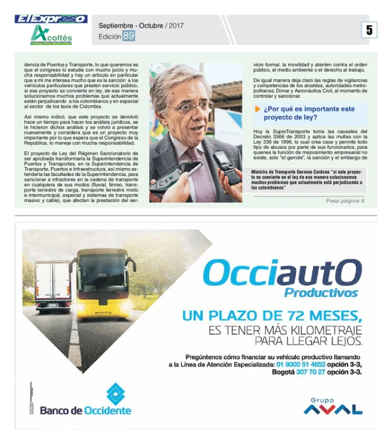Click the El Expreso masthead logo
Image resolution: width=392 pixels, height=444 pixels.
(51, 19)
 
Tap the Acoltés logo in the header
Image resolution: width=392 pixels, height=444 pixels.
(51, 35)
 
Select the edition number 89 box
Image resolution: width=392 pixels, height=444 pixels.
(128, 36)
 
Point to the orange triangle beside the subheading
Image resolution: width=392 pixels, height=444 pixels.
(258, 109)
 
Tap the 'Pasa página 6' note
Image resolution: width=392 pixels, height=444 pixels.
(345, 200)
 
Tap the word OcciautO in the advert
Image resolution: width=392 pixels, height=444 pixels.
(282, 273)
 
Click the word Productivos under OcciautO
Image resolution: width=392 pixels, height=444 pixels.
(321, 292)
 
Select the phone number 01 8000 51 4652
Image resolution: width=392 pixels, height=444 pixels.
(300, 365)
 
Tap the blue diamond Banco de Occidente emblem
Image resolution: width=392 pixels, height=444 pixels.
(115, 393)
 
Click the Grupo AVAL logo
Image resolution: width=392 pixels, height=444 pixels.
(333, 407)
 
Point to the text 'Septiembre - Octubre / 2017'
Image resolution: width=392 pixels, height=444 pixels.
(141, 26)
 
